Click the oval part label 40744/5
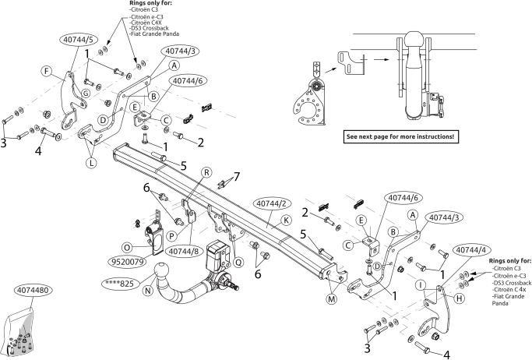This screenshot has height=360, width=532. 79,40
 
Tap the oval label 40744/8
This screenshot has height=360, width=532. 184,252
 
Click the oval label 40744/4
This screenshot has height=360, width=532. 471,250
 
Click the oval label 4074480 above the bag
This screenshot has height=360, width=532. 33,291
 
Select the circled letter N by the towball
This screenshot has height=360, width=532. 148,291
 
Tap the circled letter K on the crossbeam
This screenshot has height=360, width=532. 286,221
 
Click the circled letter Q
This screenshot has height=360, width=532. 238,263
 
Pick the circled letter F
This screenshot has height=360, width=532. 47,71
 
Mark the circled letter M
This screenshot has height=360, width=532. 332,299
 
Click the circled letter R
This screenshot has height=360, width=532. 206,172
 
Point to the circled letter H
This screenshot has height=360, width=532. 459,298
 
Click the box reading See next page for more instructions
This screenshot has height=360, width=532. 400,136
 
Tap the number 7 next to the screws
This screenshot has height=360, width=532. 237,177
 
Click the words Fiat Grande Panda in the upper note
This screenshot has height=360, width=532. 155,34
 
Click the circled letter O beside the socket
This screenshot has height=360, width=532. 127,247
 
